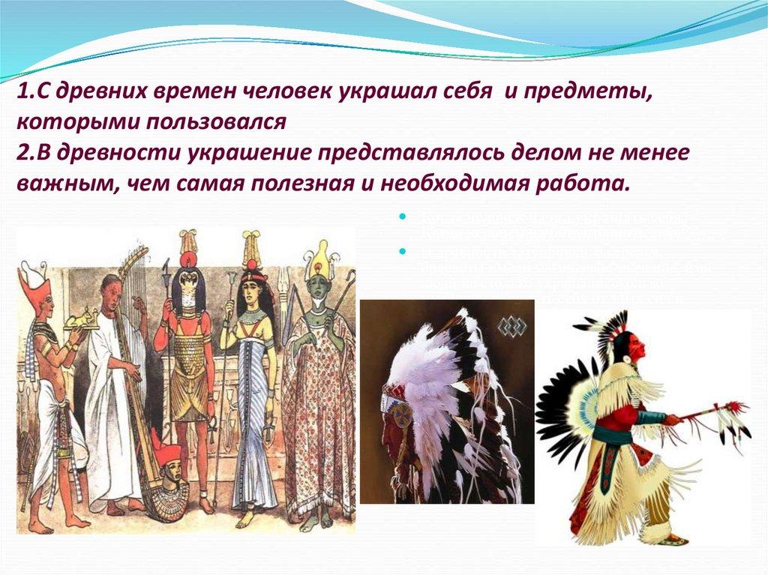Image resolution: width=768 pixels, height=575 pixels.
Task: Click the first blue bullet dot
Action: coord(403,217)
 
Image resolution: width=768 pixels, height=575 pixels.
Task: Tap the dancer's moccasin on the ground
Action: coord(671,537)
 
